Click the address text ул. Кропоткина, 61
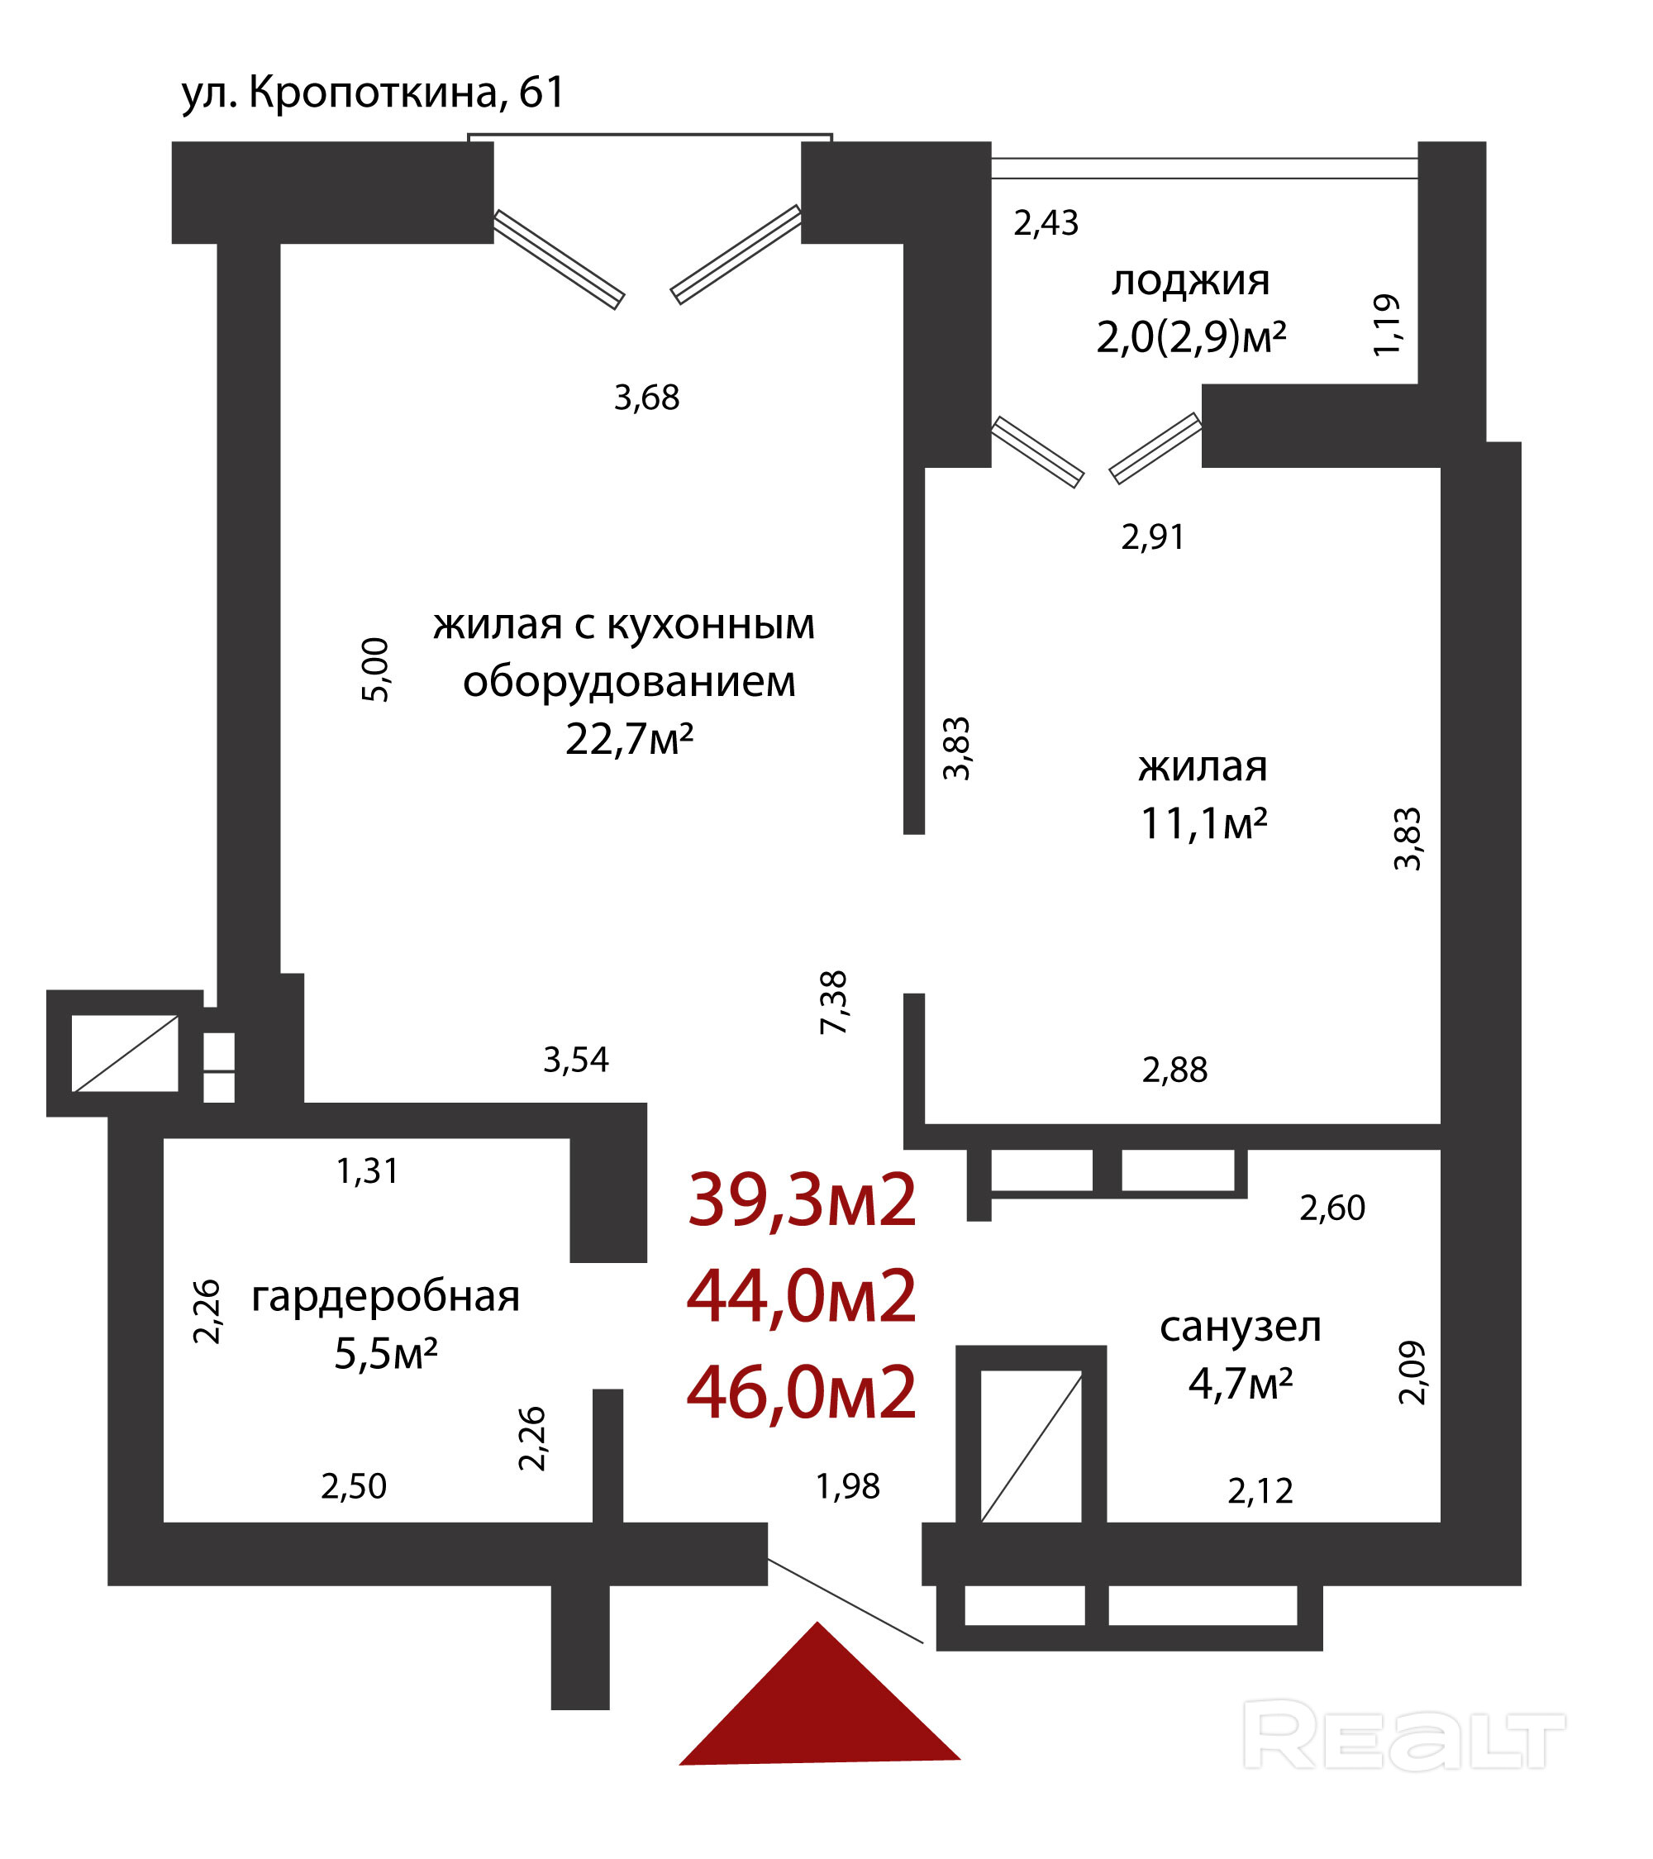tap(373, 93)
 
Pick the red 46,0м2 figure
tap(802, 1394)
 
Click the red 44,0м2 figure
tap(802, 1298)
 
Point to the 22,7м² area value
tap(629, 740)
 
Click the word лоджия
tap(1190, 281)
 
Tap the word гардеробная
tap(385, 1297)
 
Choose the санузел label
tap(1241, 1327)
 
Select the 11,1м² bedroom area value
tap(1204, 824)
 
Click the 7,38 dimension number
tap(834, 1003)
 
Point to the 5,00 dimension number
tap(375, 670)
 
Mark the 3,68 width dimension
tap(646, 398)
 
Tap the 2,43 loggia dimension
tap(1046, 224)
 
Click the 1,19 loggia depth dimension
tap(1387, 325)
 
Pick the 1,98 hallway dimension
tap(847, 1487)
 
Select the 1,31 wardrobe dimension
tap(367, 1171)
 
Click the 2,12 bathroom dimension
tap(1260, 1491)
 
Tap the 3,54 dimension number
tap(575, 1061)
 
